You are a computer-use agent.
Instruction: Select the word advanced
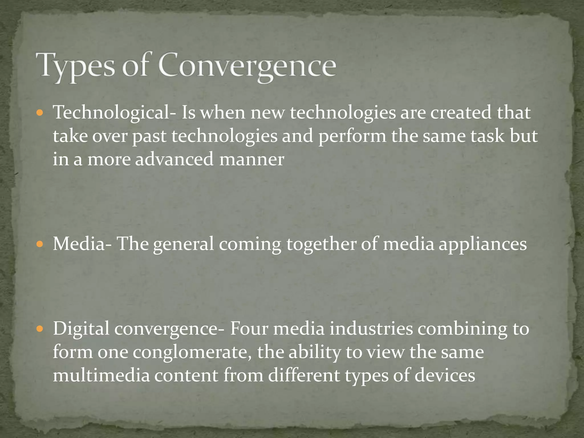(x=174, y=159)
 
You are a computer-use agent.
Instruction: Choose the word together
(x=321, y=245)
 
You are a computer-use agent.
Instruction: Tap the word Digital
(x=81, y=328)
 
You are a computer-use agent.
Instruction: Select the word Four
(x=249, y=328)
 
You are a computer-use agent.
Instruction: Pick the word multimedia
(x=101, y=375)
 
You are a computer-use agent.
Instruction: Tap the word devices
(x=445, y=375)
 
